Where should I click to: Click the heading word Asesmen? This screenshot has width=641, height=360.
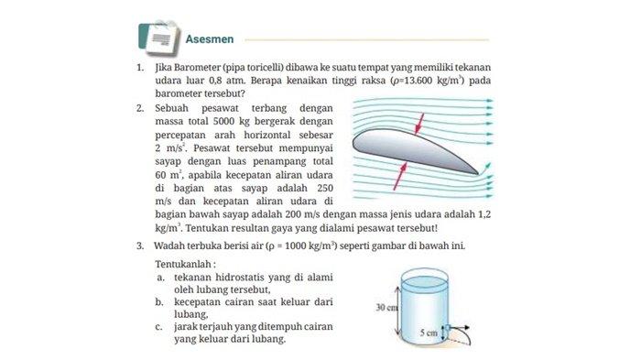coord(210,39)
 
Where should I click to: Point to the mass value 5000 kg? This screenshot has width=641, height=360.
coord(223,121)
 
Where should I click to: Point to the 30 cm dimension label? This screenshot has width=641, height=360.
coord(386,307)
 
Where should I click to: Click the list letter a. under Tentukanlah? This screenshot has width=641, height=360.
coord(160,277)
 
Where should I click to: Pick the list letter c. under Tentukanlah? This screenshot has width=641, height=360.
coord(160,326)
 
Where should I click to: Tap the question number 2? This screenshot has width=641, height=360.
coord(139,107)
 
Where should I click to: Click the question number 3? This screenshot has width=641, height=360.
coord(139,245)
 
